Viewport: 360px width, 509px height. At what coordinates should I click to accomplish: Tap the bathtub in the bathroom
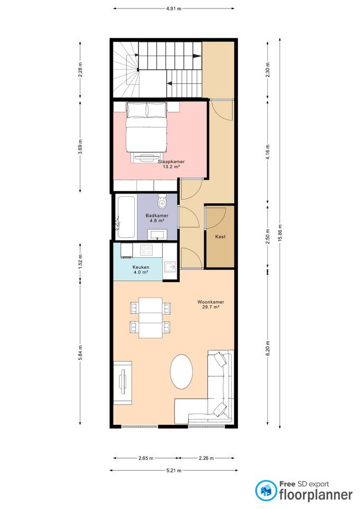tap(126, 216)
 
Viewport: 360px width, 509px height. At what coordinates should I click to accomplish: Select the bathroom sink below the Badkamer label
tap(158, 234)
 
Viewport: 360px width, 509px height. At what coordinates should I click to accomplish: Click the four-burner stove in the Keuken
tap(147, 250)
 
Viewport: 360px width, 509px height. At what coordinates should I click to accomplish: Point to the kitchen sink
tap(170, 267)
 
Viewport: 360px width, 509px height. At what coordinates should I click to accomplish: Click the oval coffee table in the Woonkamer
tap(181, 371)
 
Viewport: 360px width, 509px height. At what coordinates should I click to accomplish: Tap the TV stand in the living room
tap(122, 383)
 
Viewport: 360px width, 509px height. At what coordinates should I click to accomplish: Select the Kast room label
tap(221, 236)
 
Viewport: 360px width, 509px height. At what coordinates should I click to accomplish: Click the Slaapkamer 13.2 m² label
tap(171, 164)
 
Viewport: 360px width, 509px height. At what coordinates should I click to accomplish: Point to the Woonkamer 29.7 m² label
tap(210, 304)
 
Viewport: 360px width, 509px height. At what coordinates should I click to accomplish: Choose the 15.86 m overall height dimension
tap(280, 233)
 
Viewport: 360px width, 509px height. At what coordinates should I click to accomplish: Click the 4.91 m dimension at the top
tap(174, 9)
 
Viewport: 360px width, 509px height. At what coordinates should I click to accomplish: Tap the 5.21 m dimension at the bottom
tap(174, 470)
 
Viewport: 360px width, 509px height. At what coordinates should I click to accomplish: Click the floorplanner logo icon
tap(266, 490)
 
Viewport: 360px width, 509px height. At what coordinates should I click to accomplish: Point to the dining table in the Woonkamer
tap(151, 318)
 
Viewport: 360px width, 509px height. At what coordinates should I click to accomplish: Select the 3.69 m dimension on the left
tap(81, 147)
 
